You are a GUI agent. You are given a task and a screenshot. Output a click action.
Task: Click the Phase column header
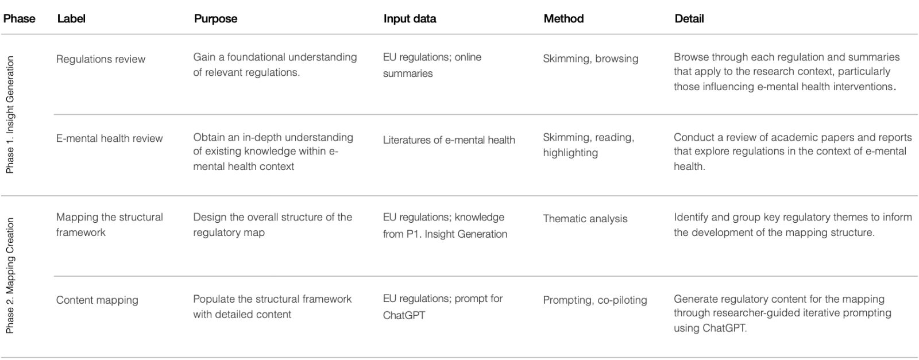(19, 18)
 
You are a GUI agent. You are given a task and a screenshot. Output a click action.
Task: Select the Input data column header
(410, 18)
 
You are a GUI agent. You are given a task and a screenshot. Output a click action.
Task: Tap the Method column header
(563, 18)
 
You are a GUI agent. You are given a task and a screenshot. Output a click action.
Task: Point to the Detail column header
(689, 18)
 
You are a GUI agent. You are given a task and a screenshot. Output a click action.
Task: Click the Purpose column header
(215, 18)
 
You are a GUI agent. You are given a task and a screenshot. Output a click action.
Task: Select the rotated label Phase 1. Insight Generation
(10, 115)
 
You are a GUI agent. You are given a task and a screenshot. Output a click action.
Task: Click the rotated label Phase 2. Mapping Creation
(10, 276)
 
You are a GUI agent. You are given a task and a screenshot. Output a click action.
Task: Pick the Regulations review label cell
(101, 59)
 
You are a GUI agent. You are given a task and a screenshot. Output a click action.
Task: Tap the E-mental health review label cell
(109, 138)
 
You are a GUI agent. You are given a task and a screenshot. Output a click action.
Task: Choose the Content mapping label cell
(97, 300)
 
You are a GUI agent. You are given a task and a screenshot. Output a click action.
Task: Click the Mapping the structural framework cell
(109, 224)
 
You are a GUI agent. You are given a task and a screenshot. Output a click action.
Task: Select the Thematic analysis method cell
(585, 219)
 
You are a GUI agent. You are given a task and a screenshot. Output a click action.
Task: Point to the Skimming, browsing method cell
(590, 59)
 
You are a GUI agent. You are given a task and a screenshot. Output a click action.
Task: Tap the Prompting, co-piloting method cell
(594, 300)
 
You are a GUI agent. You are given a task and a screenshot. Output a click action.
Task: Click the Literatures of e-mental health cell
(449, 140)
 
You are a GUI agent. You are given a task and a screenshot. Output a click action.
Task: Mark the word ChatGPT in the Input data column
(404, 315)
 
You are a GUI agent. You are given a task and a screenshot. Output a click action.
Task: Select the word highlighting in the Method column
(570, 153)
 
